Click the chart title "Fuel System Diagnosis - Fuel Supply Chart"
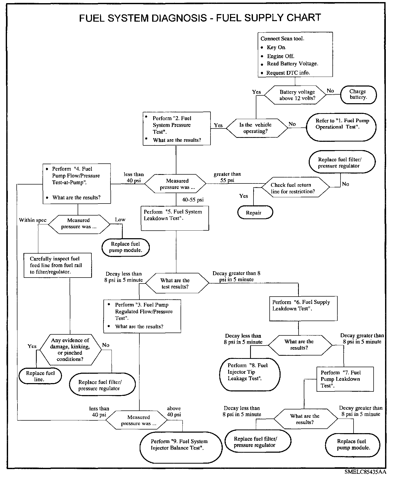(x=200, y=18)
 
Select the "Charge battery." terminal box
(x=358, y=95)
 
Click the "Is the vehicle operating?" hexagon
(x=255, y=128)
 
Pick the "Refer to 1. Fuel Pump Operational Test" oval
(x=341, y=127)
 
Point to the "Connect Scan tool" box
(x=295, y=54)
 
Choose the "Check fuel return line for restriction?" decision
(x=295, y=188)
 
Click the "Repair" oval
(x=255, y=213)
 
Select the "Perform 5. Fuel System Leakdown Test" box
(x=175, y=218)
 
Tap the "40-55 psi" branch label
(x=193, y=200)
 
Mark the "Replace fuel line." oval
(x=40, y=376)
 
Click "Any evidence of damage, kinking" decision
(x=70, y=349)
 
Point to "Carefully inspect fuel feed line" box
(x=58, y=265)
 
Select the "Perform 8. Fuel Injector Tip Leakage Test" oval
(x=250, y=375)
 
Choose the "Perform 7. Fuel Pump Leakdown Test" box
(x=345, y=379)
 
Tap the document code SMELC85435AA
(x=365, y=472)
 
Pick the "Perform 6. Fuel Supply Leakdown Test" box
(x=303, y=308)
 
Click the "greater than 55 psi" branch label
(x=227, y=177)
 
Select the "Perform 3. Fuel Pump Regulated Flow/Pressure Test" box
(x=142, y=316)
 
